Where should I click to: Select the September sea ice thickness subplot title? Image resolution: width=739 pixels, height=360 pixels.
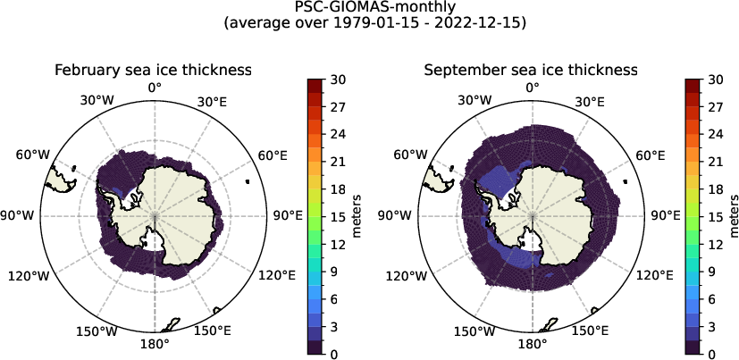click(531, 70)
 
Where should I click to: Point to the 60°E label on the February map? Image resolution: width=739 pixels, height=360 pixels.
click(273, 155)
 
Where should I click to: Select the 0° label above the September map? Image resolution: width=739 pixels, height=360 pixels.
click(533, 87)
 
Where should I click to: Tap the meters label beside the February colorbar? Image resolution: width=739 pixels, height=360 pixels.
click(356, 216)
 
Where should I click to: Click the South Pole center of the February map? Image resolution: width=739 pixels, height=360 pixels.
click(155, 216)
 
